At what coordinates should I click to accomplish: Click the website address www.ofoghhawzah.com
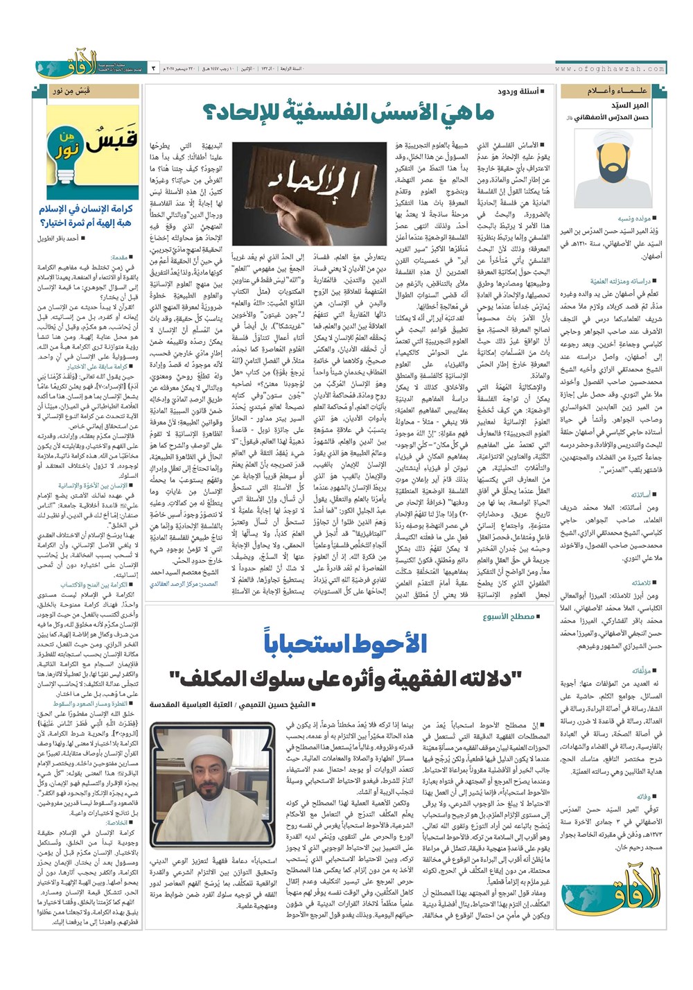[609, 69]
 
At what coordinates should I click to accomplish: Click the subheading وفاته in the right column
[649, 757]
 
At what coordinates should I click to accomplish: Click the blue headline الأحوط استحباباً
[346, 643]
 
